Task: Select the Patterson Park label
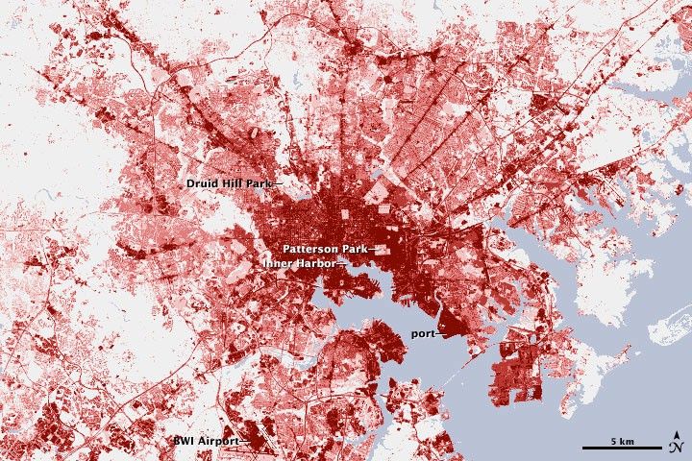click(323, 248)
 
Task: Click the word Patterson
click(309, 248)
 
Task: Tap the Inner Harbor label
click(301, 261)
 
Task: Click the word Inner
click(281, 261)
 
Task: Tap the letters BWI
click(183, 441)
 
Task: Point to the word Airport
click(215, 441)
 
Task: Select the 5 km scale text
click(622, 440)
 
